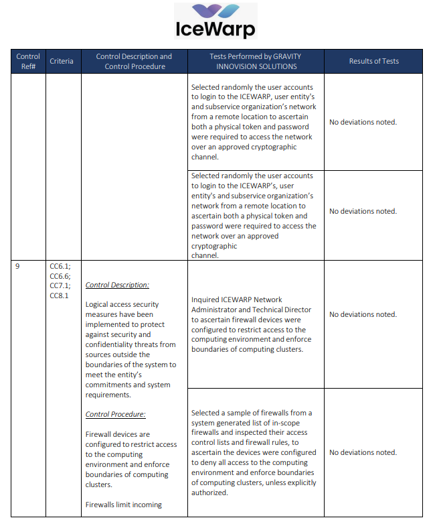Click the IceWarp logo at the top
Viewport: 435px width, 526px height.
[215, 21]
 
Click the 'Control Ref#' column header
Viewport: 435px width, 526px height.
[28, 61]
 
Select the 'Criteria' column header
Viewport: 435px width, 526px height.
[62, 61]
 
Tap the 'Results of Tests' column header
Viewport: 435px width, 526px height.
[373, 61]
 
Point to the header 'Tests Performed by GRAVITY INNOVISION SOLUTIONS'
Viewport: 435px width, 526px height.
[256, 61]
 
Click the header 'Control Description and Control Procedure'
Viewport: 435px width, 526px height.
[134, 61]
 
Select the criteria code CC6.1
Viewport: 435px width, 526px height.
[60, 266]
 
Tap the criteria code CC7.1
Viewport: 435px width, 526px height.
[60, 285]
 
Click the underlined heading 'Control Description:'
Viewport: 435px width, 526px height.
[117, 285]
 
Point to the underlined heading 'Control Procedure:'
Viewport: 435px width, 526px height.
[116, 414]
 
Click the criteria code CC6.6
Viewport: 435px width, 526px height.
[60, 276]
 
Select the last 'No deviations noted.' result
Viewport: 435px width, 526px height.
[363, 452]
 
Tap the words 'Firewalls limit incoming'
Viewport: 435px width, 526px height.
[124, 505]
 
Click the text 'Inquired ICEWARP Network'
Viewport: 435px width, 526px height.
[237, 300]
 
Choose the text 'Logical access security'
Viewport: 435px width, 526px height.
[122, 304]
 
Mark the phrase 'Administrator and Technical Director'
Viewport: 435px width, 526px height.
[252, 310]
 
